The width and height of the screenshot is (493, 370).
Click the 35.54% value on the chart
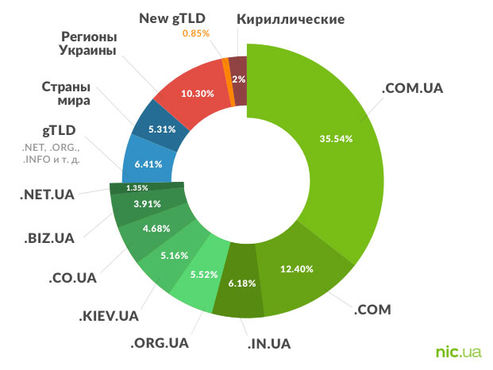click(x=337, y=137)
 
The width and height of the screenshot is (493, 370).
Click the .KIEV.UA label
click(x=109, y=317)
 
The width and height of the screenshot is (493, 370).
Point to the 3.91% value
click(x=146, y=204)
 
